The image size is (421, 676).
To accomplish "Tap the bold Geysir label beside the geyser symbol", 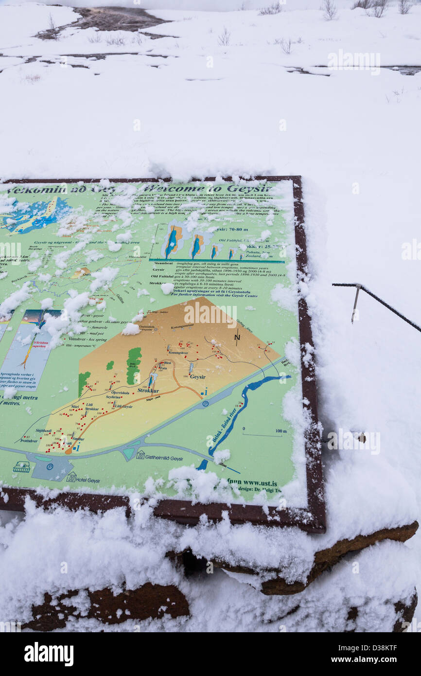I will [197, 376].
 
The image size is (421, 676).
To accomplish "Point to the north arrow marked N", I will [237, 336].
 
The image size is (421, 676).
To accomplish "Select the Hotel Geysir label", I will [88, 480].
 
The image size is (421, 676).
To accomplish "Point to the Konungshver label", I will [178, 352].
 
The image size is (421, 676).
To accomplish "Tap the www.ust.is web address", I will [260, 483].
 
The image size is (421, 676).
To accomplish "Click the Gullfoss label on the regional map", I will [120, 297].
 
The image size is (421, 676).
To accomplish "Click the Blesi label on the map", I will [168, 363].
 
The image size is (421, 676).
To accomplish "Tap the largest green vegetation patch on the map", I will [133, 365].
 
